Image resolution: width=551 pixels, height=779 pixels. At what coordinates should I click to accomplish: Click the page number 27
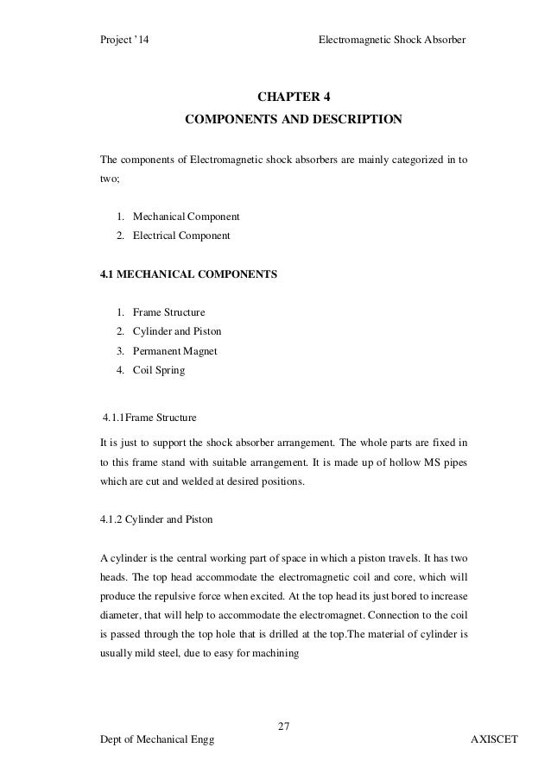(x=282, y=723)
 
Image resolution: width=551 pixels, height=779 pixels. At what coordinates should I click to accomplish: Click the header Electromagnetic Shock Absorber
(x=392, y=40)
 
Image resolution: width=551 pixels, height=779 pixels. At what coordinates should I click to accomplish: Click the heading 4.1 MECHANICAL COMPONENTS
(x=189, y=274)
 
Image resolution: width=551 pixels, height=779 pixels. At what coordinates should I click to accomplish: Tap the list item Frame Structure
(x=168, y=311)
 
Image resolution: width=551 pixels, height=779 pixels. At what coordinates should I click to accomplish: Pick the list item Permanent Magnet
(x=174, y=351)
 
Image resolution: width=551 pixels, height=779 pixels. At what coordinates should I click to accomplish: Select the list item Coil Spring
(x=158, y=371)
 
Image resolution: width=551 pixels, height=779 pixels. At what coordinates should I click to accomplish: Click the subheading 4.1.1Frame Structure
(x=149, y=419)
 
